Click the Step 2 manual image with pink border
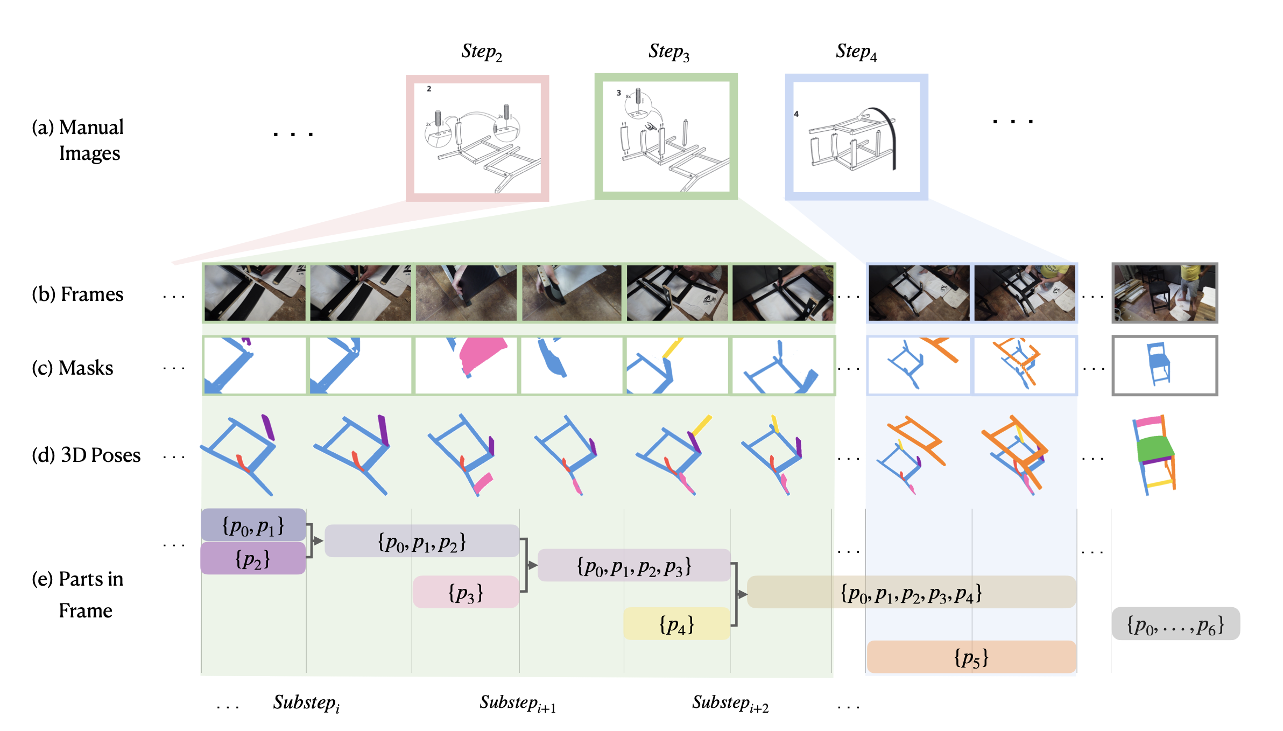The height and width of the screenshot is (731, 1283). pyautogui.click(x=477, y=138)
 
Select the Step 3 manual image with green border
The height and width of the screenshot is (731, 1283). pyautogui.click(x=666, y=137)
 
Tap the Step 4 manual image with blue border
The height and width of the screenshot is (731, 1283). pyautogui.click(x=856, y=137)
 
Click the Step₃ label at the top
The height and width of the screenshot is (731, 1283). pyautogui.click(x=668, y=52)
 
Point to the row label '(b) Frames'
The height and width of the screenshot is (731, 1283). pyautogui.click(x=77, y=294)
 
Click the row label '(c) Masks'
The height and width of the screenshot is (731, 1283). pyautogui.click(x=73, y=368)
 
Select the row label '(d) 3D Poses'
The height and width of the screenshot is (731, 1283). pyautogui.click(x=86, y=455)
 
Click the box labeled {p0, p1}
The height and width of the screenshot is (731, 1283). pyautogui.click(x=253, y=525)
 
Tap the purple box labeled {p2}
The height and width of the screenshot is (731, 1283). pyautogui.click(x=253, y=558)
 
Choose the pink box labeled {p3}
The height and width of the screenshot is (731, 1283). pyautogui.click(x=466, y=592)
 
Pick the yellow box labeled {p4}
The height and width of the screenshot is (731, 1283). pyautogui.click(x=676, y=624)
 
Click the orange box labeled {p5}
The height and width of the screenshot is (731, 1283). pyautogui.click(x=971, y=657)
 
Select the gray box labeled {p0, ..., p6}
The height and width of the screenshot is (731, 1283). pyautogui.click(x=1176, y=624)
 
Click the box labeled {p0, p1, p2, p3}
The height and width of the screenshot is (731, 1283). pyautogui.click(x=634, y=565)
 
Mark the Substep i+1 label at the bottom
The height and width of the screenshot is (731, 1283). pyautogui.click(x=518, y=704)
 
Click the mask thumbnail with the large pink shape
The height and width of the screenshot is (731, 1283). pyautogui.click(x=466, y=365)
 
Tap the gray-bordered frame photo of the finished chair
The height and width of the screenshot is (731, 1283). pyautogui.click(x=1165, y=293)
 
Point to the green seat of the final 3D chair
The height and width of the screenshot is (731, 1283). pyautogui.click(x=1155, y=448)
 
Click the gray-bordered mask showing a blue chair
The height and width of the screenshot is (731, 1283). pyautogui.click(x=1165, y=365)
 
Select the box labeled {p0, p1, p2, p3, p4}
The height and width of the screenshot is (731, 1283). pyautogui.click(x=912, y=592)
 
